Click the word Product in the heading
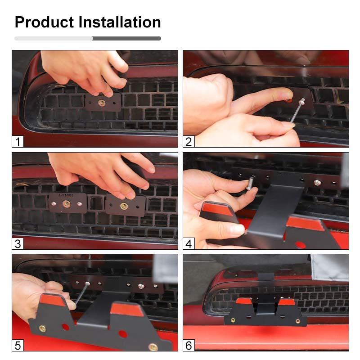coord(44,22)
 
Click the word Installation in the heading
coord(119,22)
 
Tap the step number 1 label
coord(18,142)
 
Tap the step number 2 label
coord(189,142)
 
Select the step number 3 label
coord(18,244)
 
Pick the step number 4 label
coord(189,244)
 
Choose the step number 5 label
coord(18,346)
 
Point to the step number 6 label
coord(189,346)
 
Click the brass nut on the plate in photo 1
coord(102,103)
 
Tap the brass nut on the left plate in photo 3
coord(67,204)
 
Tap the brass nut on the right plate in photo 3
coord(124,206)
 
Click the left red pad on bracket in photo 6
coord(243,301)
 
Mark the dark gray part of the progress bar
coord(127,39)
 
